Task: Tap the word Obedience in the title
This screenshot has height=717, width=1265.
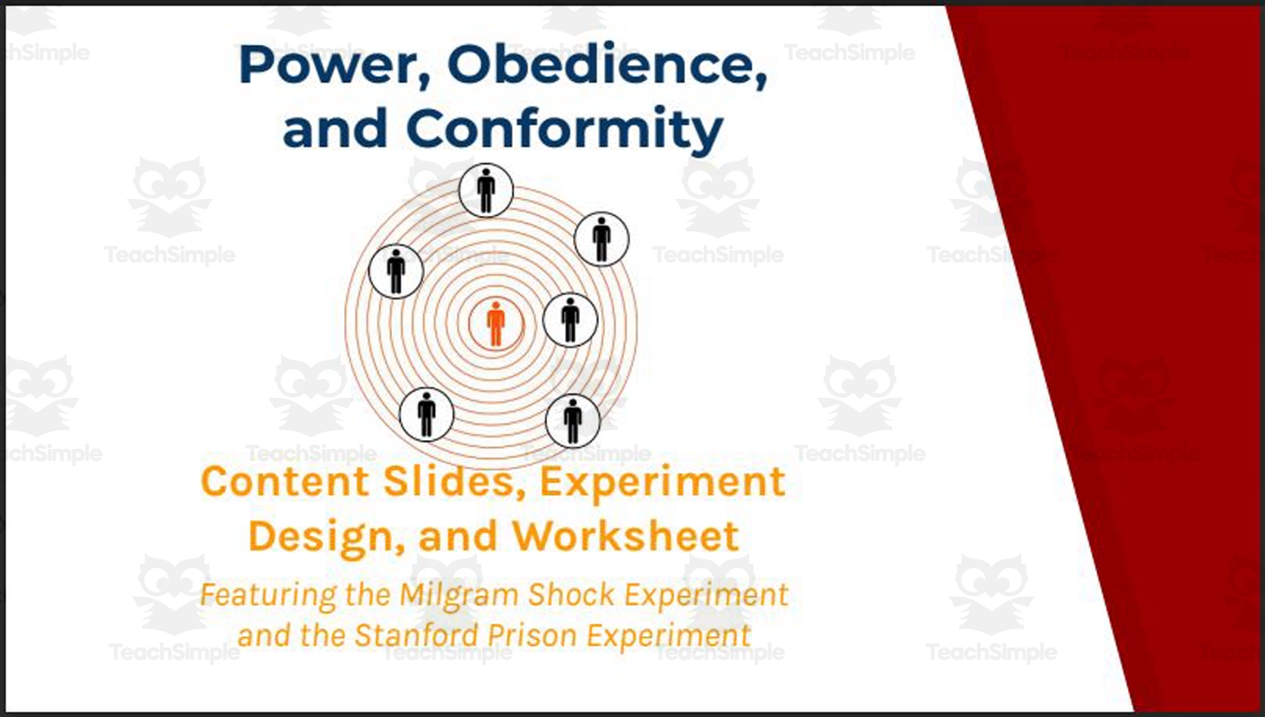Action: click(608, 67)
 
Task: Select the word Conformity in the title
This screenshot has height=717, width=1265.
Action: click(565, 129)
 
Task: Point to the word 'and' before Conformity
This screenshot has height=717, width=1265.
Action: click(334, 129)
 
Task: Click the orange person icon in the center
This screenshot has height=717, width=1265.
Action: click(496, 324)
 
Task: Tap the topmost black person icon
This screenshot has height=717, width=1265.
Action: click(486, 190)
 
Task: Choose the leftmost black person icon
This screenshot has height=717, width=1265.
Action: click(396, 271)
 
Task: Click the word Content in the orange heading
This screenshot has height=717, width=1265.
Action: click(272, 482)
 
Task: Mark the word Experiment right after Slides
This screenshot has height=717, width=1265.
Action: click(663, 482)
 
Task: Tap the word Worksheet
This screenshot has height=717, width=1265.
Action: click(625, 537)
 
